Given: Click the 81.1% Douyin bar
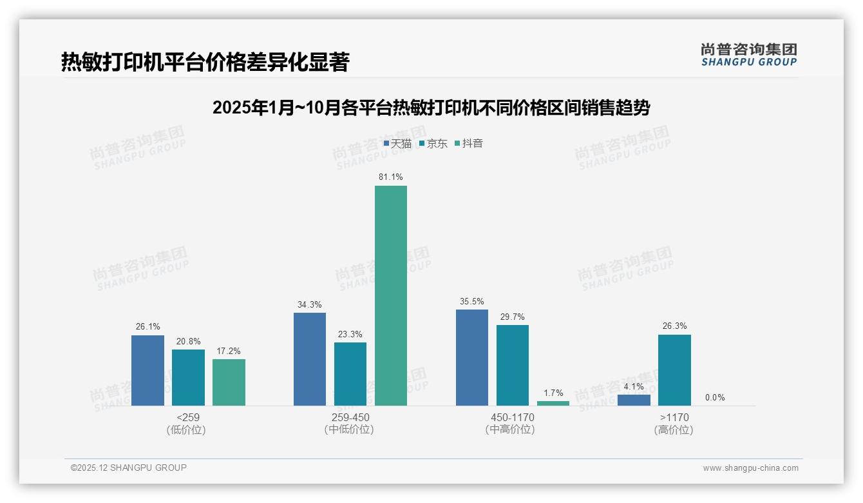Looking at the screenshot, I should [x=391, y=295].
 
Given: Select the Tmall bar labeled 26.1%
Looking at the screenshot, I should [x=147, y=370].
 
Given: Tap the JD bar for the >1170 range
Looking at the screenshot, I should [x=674, y=370].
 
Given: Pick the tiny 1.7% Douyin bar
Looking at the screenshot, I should [x=553, y=403].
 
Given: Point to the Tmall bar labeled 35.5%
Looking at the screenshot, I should [x=472, y=357].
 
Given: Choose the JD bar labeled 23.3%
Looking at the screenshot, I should [x=350, y=374].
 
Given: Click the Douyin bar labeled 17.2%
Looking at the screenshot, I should [x=229, y=382].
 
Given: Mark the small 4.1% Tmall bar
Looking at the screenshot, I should [x=634, y=400].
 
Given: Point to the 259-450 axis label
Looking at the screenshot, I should [x=350, y=418].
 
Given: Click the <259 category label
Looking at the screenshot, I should [x=187, y=418].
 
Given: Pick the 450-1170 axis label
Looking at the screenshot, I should [x=512, y=418].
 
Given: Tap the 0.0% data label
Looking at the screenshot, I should [x=715, y=398].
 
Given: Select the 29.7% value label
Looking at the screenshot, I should [x=512, y=317].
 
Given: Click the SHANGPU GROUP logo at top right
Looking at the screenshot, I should [x=749, y=55].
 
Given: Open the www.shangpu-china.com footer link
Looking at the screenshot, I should [x=750, y=468].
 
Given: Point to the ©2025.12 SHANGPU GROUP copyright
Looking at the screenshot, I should [x=129, y=468].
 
